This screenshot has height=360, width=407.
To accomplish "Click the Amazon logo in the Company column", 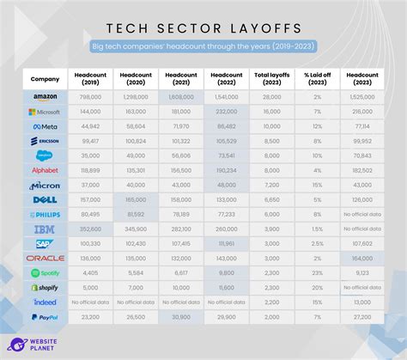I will click(45, 97).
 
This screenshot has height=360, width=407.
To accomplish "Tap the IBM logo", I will click(45, 229).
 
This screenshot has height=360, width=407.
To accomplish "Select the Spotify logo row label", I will click(45, 272).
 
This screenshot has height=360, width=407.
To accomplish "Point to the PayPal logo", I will click(45, 316).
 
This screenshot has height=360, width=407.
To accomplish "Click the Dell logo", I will click(45, 200).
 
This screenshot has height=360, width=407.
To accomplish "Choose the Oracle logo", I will click(45, 258).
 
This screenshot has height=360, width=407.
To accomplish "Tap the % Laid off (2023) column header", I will click(317, 78).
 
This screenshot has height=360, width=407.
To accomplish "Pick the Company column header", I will click(45, 78).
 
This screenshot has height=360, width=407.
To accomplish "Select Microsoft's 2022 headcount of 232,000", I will click(227, 112).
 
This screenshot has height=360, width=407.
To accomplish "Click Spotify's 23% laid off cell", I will click(317, 272).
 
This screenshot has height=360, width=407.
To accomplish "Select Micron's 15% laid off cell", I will click(317, 185).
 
